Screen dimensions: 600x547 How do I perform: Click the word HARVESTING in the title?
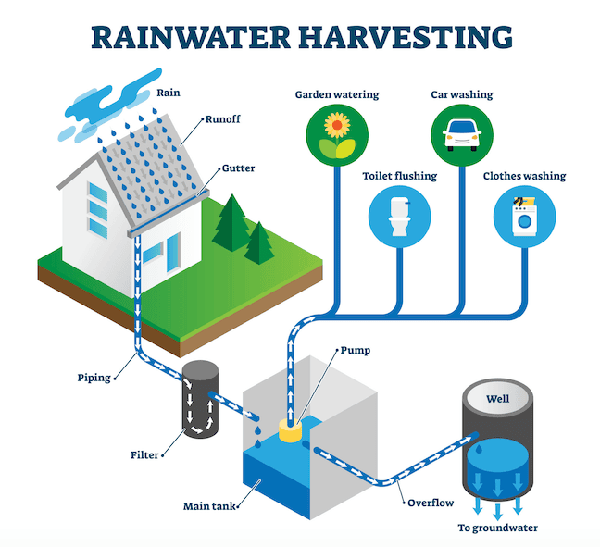406,37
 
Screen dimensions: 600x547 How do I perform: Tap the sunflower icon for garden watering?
337,135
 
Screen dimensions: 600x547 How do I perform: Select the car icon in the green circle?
462,135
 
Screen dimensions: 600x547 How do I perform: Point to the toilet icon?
399,217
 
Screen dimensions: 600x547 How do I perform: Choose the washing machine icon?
524,216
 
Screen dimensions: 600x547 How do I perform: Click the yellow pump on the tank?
291,430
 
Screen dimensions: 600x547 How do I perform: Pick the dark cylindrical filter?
200,399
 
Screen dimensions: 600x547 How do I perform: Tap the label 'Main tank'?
209,506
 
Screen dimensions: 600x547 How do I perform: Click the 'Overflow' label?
431,503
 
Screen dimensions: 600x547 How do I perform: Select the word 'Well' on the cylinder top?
498,399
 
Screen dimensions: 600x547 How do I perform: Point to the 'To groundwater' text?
498,528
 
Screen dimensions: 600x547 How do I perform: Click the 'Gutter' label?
238,168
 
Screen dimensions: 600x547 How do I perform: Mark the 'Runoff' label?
223,119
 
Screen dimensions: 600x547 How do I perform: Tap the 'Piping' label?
94,378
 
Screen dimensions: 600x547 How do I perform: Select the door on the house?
173,253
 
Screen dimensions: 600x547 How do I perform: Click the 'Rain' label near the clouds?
169,93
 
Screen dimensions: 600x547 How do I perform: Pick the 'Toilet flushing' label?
400,176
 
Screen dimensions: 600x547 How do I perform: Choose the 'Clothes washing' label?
524,176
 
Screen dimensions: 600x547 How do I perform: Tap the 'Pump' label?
356,351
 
